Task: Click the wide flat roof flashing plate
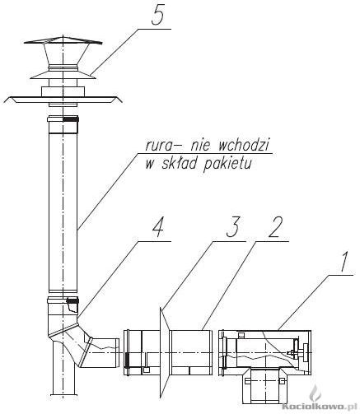pos(61,99)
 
